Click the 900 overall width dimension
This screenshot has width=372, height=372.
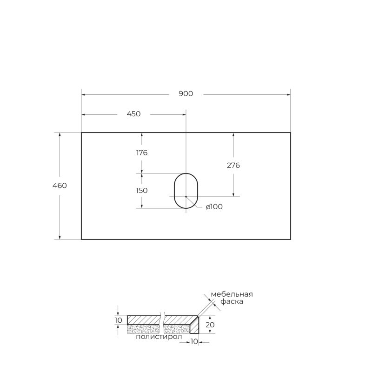tap(186, 94)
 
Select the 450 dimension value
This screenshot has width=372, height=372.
tap(133, 114)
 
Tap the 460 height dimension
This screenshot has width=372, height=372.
tap(60, 186)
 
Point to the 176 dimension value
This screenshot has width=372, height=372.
tap(142, 153)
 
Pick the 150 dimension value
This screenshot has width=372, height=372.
tap(142, 190)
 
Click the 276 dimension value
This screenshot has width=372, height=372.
tap(233, 165)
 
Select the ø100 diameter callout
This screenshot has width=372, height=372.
tap(214, 207)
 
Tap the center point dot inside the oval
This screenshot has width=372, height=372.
tap(186, 197)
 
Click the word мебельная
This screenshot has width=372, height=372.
tap(232, 294)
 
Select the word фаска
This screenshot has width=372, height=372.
tap(232, 302)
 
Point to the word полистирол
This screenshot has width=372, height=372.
tap(156, 337)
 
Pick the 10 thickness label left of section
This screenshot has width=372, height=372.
tap(118, 320)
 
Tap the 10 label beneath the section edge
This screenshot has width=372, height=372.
tap(194, 342)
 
